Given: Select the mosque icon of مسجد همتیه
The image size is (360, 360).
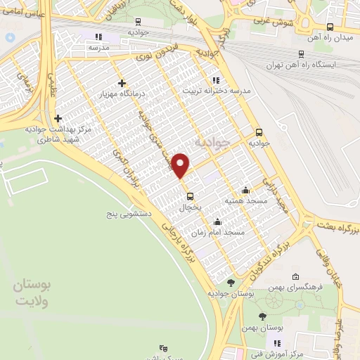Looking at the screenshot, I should [245, 190].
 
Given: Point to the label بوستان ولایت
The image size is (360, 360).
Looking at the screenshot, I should [33, 292].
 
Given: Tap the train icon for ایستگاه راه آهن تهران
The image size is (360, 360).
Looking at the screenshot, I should [301, 53].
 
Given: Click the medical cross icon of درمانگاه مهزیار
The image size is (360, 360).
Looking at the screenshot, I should [122, 82].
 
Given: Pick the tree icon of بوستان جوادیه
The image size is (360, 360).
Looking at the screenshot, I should [231, 283].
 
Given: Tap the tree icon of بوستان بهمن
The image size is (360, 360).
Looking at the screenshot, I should [263, 316].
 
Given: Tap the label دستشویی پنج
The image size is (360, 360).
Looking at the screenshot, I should [134, 210].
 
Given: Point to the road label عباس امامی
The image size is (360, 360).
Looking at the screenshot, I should [22, 12].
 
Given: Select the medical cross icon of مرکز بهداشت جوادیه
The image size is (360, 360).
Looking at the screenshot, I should [58, 118].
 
